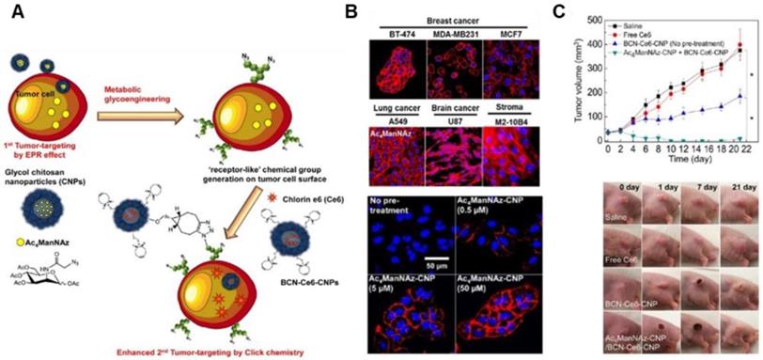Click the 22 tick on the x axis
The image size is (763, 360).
tap(739, 148)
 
